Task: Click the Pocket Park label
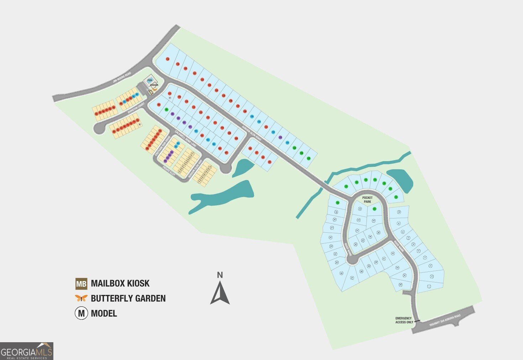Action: click(367, 200)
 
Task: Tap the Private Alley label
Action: click(169, 171)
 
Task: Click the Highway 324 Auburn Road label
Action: click(445, 320)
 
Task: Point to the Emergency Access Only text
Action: click(404, 320)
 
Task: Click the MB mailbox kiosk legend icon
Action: click(81, 284)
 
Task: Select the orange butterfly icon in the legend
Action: click(81, 298)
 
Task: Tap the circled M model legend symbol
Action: click(81, 313)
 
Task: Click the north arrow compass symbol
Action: click(220, 290)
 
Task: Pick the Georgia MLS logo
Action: click(27, 351)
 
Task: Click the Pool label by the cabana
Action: click(150, 80)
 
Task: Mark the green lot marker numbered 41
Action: click(374, 209)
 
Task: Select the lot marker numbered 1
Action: click(429, 286)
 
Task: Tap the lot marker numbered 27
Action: click(352, 278)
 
